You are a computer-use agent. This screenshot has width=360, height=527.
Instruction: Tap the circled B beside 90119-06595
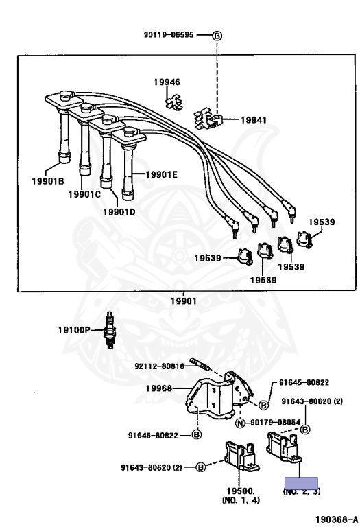pos(217,35)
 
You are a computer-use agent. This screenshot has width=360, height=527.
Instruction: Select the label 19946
pos(167,82)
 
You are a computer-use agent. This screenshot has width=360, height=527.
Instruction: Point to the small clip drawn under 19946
pos(173,102)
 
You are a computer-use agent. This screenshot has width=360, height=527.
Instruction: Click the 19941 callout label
pos(254,119)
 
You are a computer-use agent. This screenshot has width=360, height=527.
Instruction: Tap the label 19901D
pos(119,211)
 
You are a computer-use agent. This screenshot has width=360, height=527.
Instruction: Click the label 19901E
pos(161,174)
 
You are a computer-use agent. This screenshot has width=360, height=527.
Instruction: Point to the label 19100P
pos(73,329)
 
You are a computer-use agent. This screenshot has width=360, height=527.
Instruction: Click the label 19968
pos(159,389)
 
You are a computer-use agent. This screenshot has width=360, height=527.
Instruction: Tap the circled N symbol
pos(240,423)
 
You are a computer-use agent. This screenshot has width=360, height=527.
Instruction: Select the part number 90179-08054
pos(275,423)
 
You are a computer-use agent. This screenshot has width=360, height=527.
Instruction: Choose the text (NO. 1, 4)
pos(239,502)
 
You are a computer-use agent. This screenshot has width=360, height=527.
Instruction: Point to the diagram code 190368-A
pos(335,520)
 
